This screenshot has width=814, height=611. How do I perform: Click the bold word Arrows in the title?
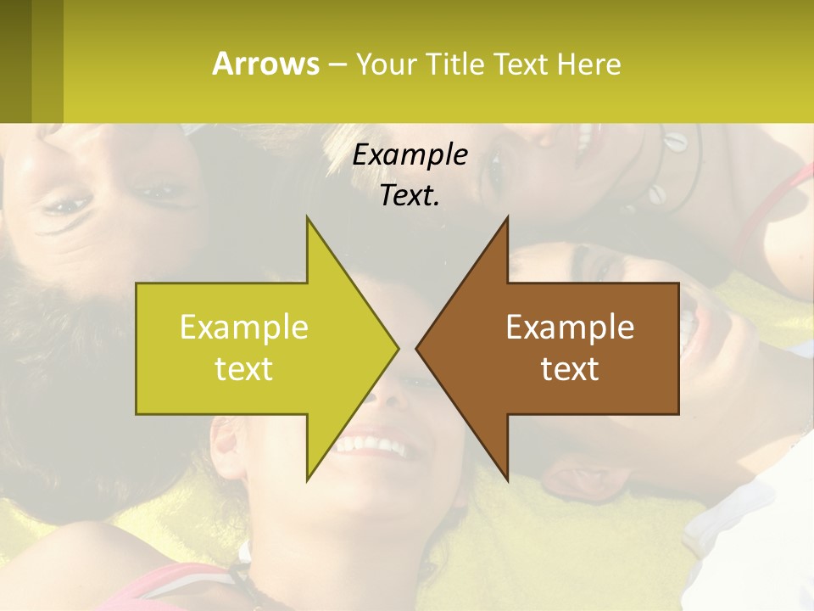click(x=265, y=64)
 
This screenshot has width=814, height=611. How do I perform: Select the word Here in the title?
click(x=590, y=64)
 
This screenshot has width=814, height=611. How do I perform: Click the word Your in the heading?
click(x=385, y=64)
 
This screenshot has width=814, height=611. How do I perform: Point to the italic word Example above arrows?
click(x=410, y=155)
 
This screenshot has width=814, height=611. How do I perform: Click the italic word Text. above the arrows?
click(x=410, y=196)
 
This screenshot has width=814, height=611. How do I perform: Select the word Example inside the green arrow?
click(x=244, y=328)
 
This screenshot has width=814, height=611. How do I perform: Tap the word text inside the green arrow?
click(x=244, y=369)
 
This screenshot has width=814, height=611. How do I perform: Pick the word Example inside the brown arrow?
click(x=570, y=328)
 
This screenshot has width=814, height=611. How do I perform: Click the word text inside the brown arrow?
click(x=570, y=369)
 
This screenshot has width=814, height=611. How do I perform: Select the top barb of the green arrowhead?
click(x=309, y=222)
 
